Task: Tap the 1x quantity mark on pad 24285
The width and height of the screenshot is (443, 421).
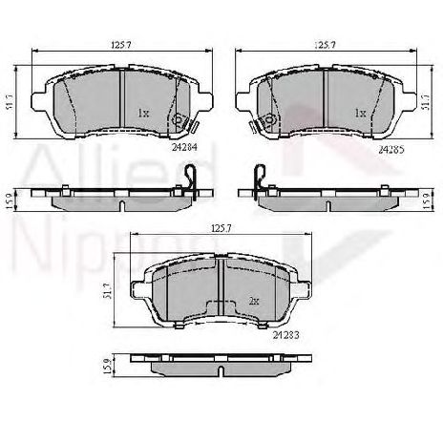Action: pos(360,113)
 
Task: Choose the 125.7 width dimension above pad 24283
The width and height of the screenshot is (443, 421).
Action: pos(221,229)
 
